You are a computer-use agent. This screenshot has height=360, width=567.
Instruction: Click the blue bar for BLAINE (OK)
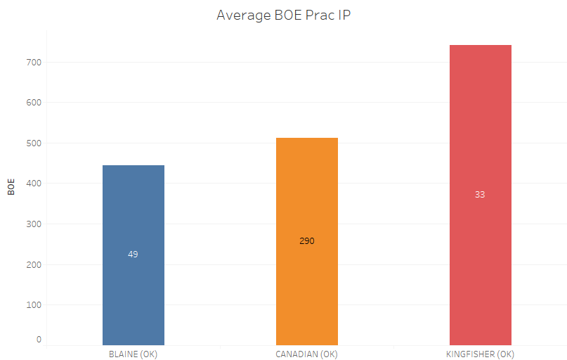(x=133, y=211)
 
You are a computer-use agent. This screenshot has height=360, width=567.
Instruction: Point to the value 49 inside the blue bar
(x=133, y=255)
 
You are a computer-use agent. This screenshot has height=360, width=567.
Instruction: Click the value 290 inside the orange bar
(x=307, y=241)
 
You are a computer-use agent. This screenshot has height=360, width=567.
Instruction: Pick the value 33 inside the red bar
(x=480, y=195)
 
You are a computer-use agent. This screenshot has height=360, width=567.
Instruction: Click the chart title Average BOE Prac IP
(x=283, y=15)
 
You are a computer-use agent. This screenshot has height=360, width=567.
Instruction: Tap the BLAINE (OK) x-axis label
(x=133, y=354)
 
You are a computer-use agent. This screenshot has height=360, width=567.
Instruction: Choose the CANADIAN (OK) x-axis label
(x=306, y=354)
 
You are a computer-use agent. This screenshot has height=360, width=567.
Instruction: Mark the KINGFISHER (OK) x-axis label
(x=480, y=354)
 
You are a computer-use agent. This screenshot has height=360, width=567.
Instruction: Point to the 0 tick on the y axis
(x=39, y=340)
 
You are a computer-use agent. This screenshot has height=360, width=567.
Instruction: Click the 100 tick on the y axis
(x=34, y=305)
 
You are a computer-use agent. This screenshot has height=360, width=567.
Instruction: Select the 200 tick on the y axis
(x=34, y=265)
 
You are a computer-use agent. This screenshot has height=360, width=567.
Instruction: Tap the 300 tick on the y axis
(x=34, y=224)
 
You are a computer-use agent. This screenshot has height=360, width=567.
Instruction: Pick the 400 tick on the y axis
(x=34, y=184)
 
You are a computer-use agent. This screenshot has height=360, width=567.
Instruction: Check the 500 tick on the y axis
(x=34, y=143)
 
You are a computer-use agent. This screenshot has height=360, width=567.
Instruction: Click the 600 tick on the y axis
(x=34, y=103)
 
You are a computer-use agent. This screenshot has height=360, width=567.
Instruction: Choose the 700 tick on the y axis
(x=34, y=63)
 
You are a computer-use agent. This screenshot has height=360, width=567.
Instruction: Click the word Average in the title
(x=240, y=15)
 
